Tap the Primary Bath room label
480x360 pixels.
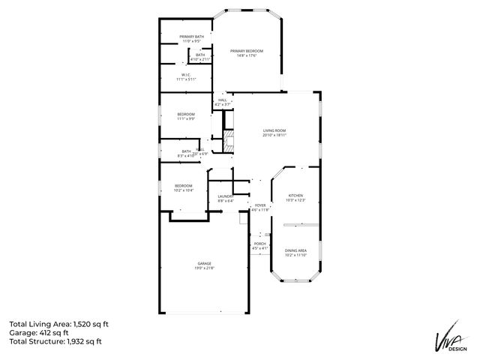pyautogui.click(x=191, y=37)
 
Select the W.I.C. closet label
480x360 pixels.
pyautogui.click(x=186, y=73)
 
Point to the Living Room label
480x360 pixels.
pyautogui.click(x=274, y=130)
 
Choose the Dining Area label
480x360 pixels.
pyautogui.click(x=295, y=250)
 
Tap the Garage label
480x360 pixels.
pyautogui.click(x=204, y=263)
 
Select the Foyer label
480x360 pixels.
pyautogui.click(x=259, y=205)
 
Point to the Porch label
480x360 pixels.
pyautogui.click(x=259, y=243)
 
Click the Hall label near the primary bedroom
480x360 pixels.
pyautogui.click(x=222, y=99)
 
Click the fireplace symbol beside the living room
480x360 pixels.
pyautogui.click(x=231, y=141)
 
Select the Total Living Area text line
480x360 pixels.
pyautogui.click(x=59, y=323)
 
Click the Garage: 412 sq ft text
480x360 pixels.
pyautogui.click(x=39, y=332)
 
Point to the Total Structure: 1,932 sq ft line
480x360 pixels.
pyautogui.click(x=55, y=341)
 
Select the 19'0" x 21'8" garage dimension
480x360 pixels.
pyautogui.click(x=204, y=268)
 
